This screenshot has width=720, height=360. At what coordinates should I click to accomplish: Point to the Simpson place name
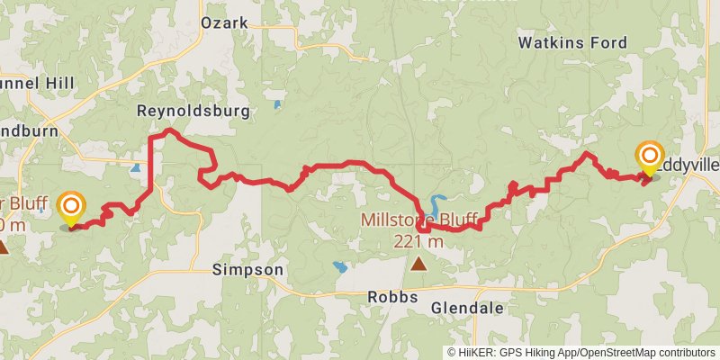247,269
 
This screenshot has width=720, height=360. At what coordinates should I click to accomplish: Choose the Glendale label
467,308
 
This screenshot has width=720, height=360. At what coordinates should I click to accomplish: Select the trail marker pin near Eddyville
648,158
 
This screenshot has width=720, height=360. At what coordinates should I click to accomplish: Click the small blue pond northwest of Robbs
340,267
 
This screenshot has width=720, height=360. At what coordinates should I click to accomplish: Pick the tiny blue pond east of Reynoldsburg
277,105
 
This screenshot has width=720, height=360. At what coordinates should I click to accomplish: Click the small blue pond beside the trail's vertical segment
136,167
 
